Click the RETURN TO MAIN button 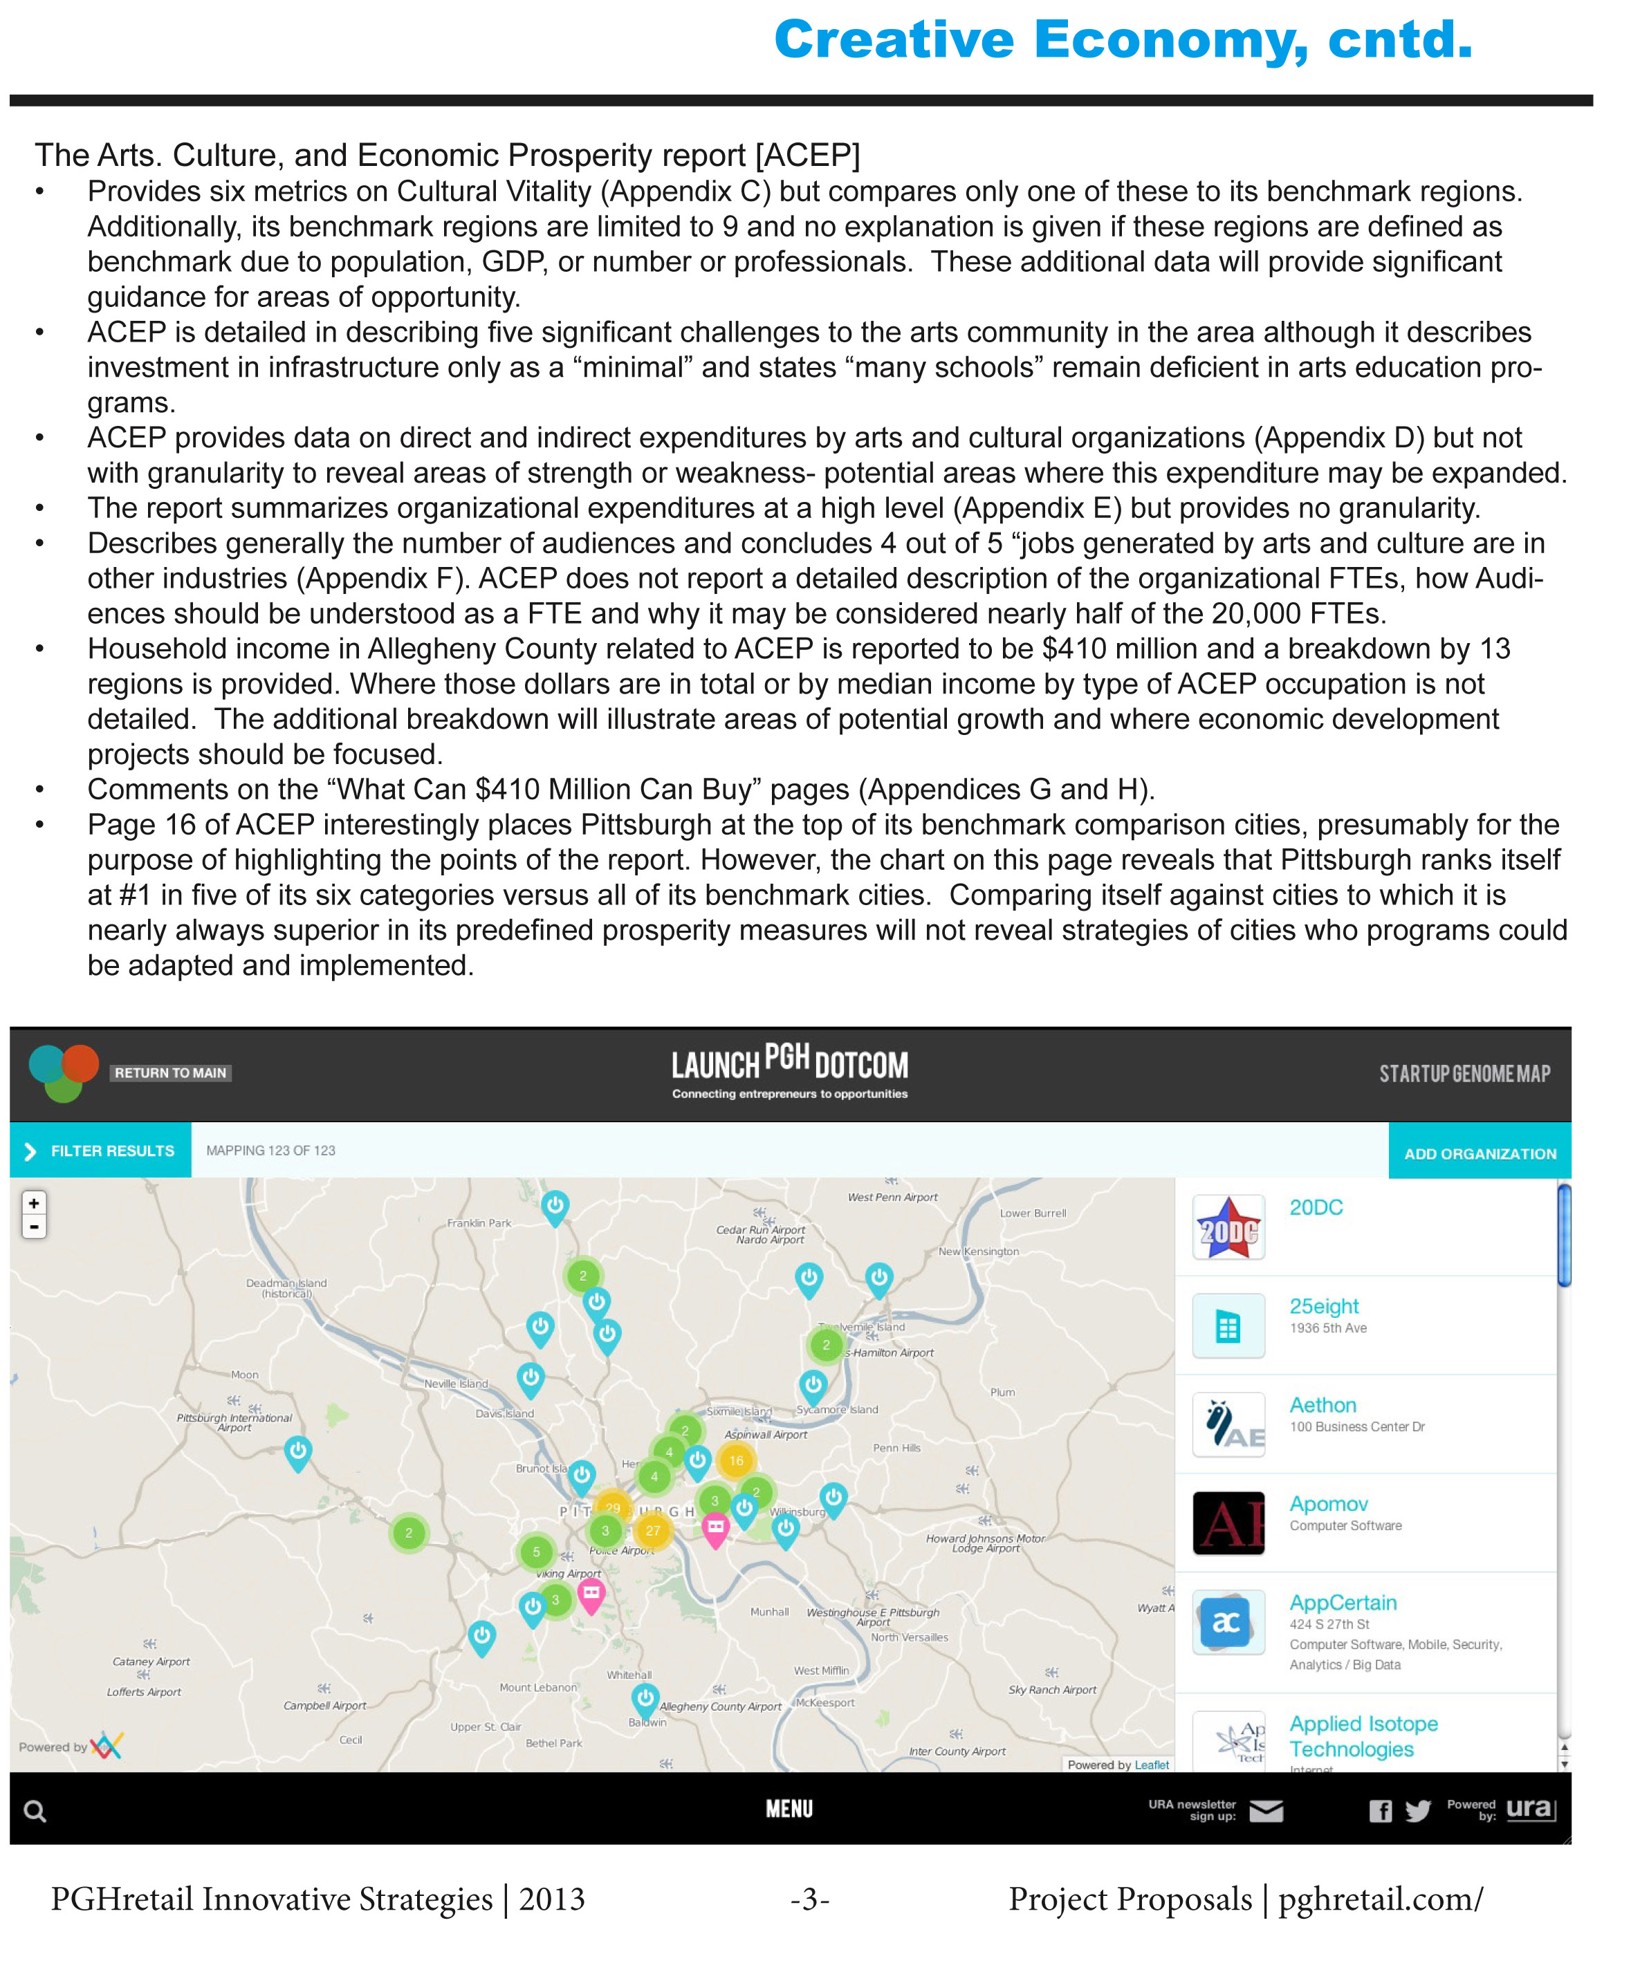click(171, 1072)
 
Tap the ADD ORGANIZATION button click(1480, 1153)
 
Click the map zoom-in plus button click(34, 1203)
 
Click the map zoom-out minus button click(34, 1227)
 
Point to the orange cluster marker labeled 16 click(737, 1460)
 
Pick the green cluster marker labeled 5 click(536, 1552)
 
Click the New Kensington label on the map click(978, 1251)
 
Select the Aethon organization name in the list click(1323, 1405)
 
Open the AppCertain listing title click(1343, 1602)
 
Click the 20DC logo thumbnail click(1228, 1227)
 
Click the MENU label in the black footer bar click(789, 1809)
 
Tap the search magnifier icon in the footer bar click(35, 1812)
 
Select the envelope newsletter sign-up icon click(1266, 1810)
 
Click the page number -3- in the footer click(810, 1899)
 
